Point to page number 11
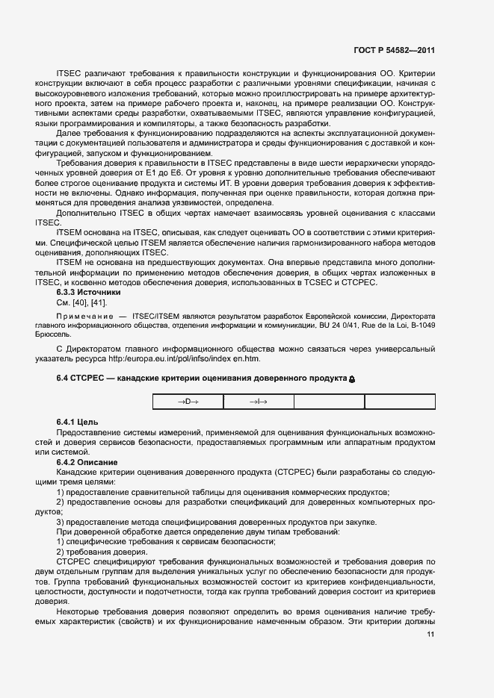(x=431, y=635)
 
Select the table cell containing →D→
(x=188, y=402)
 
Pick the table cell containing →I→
(x=259, y=402)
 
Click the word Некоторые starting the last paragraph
(x=79, y=610)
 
